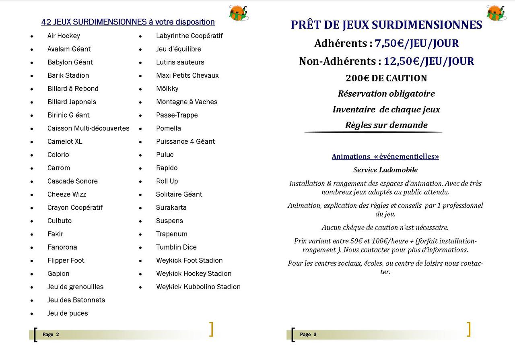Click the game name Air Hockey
[64, 36]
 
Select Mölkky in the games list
[167, 89]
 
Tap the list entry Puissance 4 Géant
[185, 141]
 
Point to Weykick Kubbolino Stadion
[198, 287]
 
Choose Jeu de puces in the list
[68, 313]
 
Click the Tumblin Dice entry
[176, 247]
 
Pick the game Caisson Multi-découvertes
[88, 128]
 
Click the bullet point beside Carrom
[32, 168]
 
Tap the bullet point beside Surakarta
[140, 208]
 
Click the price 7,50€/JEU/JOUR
[417, 43]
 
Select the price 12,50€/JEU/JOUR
[428, 61]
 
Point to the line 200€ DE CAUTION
[386, 78]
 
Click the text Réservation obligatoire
[386, 94]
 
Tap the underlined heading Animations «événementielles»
[385, 156]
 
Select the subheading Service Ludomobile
[385, 170]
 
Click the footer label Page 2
[51, 335]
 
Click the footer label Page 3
[308, 335]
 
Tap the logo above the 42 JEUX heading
[238, 12]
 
